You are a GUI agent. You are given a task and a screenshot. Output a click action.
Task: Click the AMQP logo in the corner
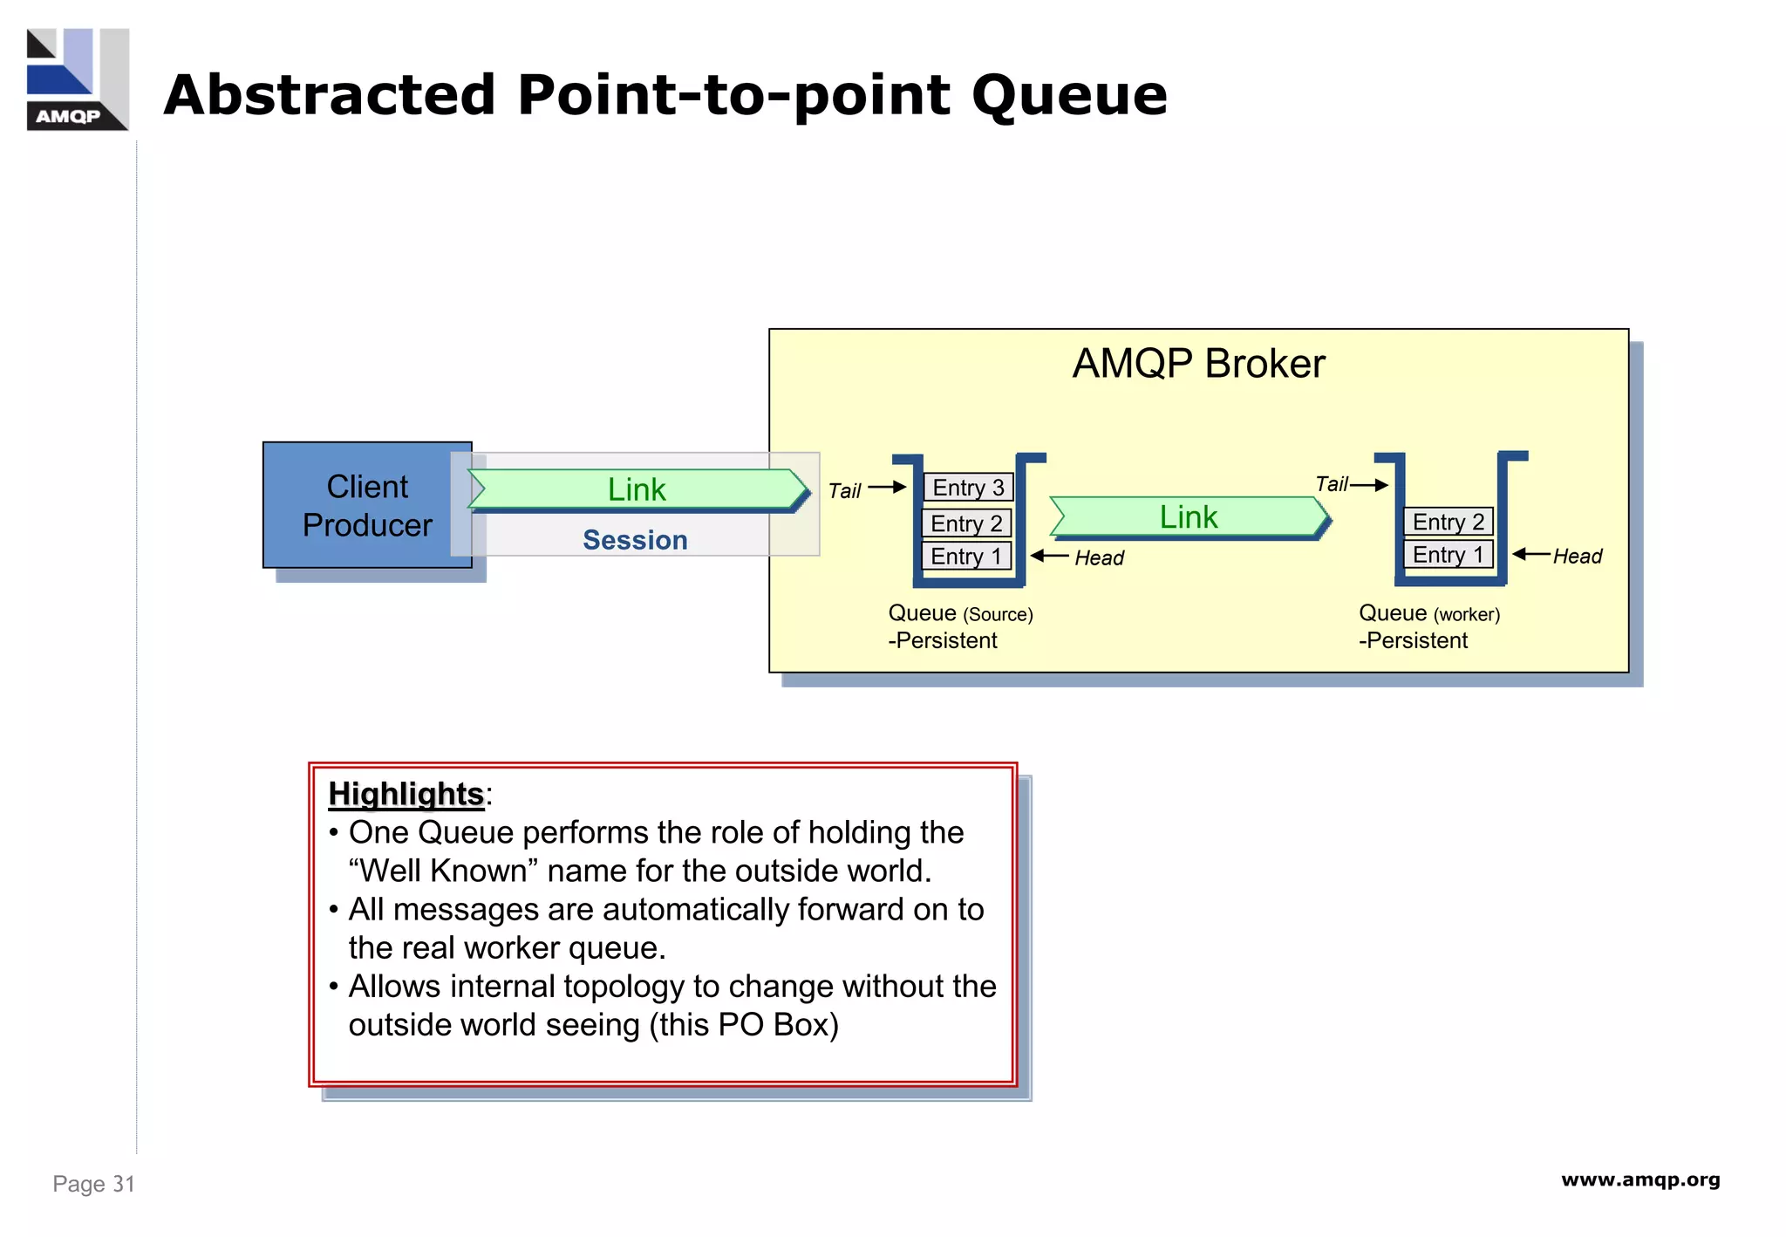click(77, 79)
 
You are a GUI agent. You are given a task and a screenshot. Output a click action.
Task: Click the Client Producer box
click(366, 505)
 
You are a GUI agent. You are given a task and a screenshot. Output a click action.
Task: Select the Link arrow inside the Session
click(637, 489)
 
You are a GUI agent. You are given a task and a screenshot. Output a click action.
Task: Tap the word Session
click(635, 540)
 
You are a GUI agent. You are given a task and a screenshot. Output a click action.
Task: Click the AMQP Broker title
click(1198, 364)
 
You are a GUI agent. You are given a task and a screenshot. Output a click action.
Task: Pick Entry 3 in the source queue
click(968, 488)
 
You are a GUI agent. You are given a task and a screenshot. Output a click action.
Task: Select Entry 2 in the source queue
click(966, 523)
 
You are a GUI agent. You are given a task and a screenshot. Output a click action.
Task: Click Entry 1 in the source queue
click(966, 557)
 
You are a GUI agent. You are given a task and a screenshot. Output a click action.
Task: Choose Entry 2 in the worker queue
click(1449, 522)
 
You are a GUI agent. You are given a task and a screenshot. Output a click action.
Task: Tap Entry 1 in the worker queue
click(1449, 555)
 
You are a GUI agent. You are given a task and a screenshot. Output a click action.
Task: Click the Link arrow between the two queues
click(1189, 517)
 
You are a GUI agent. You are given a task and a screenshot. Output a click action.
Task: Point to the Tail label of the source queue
click(844, 491)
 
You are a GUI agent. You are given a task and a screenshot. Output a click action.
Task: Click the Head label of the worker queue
click(1578, 557)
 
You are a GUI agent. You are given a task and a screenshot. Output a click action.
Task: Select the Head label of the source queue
click(1099, 558)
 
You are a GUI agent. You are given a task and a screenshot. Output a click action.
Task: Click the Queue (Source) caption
click(960, 613)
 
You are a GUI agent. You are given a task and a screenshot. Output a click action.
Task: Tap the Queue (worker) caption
click(1429, 613)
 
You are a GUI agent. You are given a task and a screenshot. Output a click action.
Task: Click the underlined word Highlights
click(406, 794)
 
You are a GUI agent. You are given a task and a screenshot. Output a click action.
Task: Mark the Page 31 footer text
click(93, 1184)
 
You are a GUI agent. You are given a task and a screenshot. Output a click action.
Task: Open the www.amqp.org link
click(1640, 1180)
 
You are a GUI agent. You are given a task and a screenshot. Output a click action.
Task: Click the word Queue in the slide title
click(1069, 95)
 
